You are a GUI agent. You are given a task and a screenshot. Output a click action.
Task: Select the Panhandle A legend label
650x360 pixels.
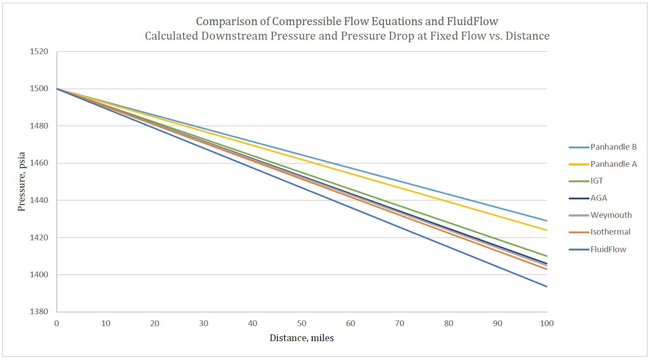coord(613,164)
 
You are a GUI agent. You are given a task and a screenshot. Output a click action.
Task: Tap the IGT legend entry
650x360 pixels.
coord(597,181)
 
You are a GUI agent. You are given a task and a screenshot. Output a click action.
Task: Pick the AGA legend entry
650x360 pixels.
coord(598,198)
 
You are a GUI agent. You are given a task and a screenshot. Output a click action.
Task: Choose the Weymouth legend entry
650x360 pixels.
coord(611,215)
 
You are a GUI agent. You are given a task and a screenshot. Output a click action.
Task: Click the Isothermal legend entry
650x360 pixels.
coord(610,232)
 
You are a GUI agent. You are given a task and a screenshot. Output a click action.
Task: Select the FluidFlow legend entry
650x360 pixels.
coord(608,250)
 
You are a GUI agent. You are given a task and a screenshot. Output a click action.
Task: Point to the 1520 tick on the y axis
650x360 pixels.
coord(39,51)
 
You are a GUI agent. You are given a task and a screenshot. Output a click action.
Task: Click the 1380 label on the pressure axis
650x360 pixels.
coord(39,312)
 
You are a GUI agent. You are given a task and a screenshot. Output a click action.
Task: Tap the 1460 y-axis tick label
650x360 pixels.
coord(39,163)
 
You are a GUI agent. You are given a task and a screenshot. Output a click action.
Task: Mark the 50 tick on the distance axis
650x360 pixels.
coord(302,323)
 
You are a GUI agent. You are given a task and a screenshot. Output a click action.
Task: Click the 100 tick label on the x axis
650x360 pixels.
coord(547,323)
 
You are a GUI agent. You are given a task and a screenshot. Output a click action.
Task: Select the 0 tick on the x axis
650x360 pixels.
coord(57,323)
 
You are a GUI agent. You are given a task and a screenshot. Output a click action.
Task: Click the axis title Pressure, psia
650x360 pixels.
coord(22,181)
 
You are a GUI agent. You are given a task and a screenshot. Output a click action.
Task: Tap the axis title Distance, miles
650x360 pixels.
coord(302,338)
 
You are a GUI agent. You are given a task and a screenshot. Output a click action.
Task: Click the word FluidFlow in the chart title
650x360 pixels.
coord(472,22)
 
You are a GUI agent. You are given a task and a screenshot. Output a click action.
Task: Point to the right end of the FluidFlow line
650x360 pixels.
coord(547,287)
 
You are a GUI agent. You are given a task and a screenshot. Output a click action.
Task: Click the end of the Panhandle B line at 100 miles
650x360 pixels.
coord(547,220)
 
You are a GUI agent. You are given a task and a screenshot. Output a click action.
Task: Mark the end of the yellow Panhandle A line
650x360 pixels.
coord(547,230)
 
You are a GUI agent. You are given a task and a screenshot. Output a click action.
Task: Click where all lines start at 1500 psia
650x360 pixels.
coord(57,89)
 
